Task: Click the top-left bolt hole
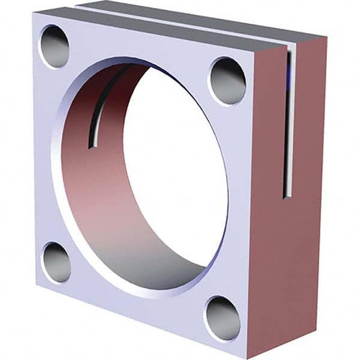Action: point(54,46)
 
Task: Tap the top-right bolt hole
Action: point(228,80)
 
